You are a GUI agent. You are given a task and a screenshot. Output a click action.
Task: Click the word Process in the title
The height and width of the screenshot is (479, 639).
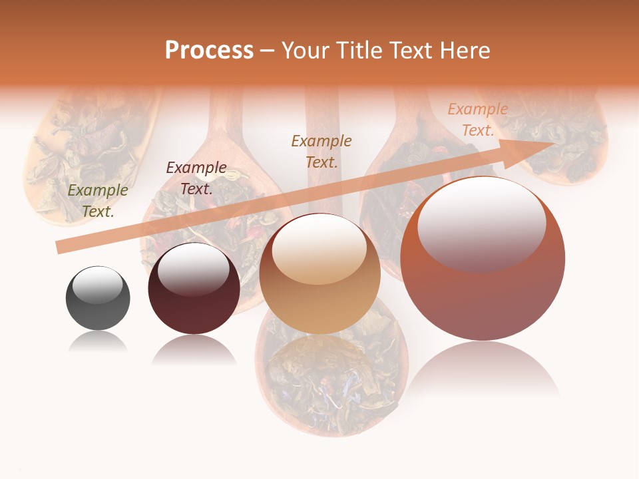tap(209, 51)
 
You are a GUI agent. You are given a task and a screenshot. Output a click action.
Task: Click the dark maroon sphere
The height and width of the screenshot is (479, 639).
tap(194, 293)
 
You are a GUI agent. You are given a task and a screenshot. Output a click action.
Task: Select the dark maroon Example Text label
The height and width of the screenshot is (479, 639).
tap(196, 178)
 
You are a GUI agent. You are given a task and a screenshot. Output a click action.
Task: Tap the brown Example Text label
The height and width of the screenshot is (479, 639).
tap(321, 152)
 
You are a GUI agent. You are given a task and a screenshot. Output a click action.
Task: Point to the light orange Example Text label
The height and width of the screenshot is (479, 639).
tap(477, 120)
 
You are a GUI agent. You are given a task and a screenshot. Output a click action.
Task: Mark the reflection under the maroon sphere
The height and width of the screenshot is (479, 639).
tap(194, 349)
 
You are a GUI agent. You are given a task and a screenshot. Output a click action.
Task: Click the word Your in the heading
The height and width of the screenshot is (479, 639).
tap(304, 51)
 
